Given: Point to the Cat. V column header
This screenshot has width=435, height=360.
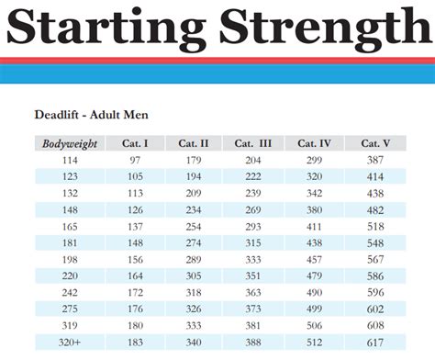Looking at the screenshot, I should point(377,142).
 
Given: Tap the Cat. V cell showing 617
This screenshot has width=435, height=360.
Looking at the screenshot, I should point(377,342).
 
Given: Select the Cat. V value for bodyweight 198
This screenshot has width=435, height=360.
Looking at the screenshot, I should point(377,259).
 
